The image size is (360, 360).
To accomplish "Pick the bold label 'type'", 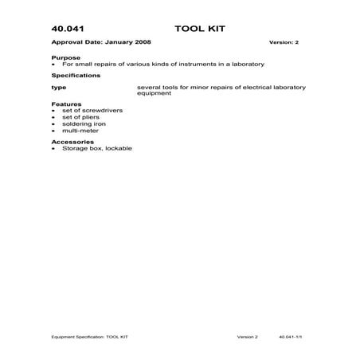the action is (x=58, y=86).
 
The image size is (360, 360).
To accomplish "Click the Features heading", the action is (x=66, y=104).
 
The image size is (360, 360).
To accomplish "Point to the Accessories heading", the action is (x=72, y=142).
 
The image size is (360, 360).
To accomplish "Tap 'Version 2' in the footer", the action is (x=247, y=337).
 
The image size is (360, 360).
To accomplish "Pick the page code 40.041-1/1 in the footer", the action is (x=292, y=337).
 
